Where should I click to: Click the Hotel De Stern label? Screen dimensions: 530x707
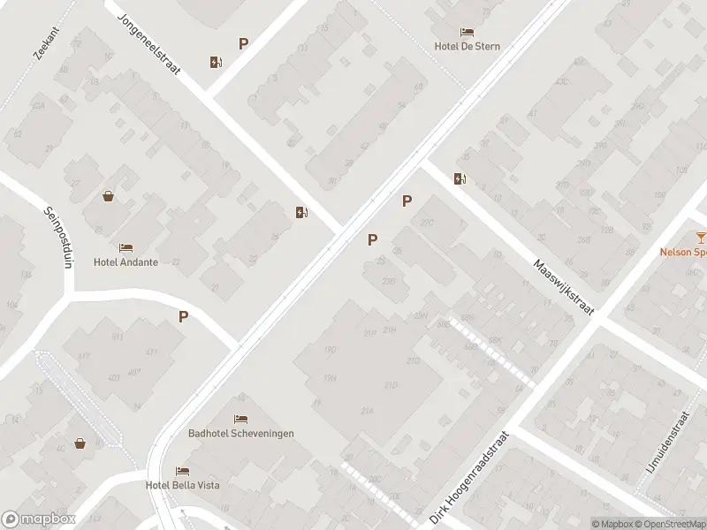(467, 46)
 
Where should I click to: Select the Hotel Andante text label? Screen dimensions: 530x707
(125, 262)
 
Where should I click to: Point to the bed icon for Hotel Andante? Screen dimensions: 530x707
(125, 248)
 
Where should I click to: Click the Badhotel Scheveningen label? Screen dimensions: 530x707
(241, 433)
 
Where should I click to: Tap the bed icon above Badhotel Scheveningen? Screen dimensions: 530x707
(240, 419)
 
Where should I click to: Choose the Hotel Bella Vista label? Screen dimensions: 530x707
(183, 485)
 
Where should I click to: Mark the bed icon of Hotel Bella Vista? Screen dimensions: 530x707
(182, 471)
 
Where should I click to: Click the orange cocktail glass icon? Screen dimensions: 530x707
(701, 237)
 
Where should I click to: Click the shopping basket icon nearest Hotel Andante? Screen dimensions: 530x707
(108, 196)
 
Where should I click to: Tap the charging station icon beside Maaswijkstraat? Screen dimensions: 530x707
(460, 179)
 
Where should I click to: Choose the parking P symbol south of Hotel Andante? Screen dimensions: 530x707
(184, 316)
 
